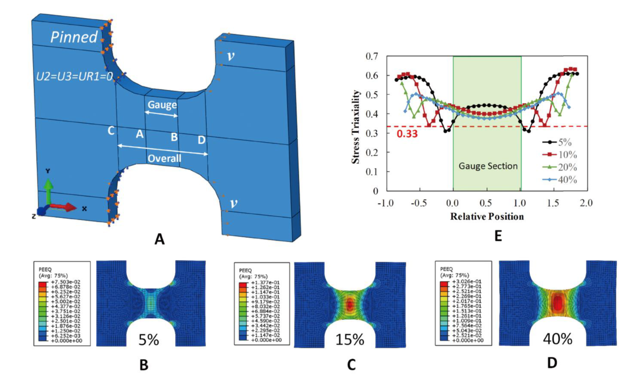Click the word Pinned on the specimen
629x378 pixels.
click(74, 37)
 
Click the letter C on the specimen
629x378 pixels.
click(111, 132)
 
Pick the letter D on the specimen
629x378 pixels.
click(201, 140)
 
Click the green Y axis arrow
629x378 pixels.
click(48, 190)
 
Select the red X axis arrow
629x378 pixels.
click(64, 207)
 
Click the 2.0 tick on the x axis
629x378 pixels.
click(586, 203)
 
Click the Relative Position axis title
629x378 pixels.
click(486, 216)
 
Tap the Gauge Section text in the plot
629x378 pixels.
click(487, 166)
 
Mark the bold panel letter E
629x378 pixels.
click(497, 236)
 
